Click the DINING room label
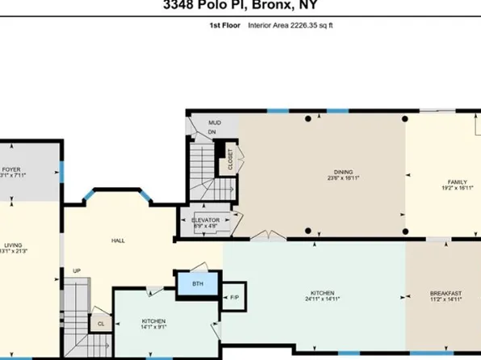point(345,171)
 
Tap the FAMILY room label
point(457,182)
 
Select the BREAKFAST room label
point(445,292)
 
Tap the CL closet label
point(102,324)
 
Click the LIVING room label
point(12,245)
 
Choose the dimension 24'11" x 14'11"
point(323,299)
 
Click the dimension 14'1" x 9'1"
point(153,328)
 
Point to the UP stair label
point(77,270)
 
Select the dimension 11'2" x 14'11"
point(445,299)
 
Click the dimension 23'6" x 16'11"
point(345,178)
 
